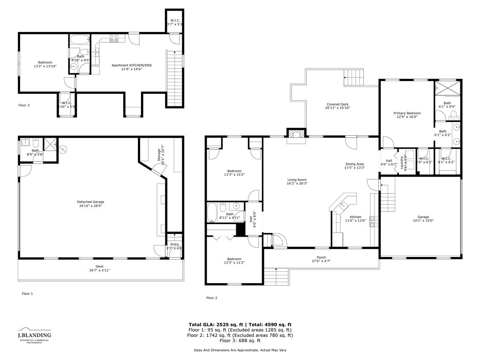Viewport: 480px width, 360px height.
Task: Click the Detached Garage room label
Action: [x=88, y=202]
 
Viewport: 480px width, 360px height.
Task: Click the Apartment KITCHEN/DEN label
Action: [x=132, y=66]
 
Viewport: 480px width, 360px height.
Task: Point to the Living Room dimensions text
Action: [x=297, y=184]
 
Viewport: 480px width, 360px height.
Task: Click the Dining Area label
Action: [x=354, y=164]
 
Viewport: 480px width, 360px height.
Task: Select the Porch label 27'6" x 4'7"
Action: [x=321, y=259]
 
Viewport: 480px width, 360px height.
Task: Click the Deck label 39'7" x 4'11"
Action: [x=99, y=268]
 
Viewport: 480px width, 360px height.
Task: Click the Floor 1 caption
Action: [x=28, y=293]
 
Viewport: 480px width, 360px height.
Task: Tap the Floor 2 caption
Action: [x=211, y=298]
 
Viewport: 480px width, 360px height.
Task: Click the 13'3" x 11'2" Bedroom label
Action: [x=234, y=261]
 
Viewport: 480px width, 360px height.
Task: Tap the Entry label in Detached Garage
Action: [x=174, y=246]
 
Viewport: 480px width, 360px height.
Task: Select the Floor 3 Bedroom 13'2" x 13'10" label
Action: [x=45, y=65]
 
